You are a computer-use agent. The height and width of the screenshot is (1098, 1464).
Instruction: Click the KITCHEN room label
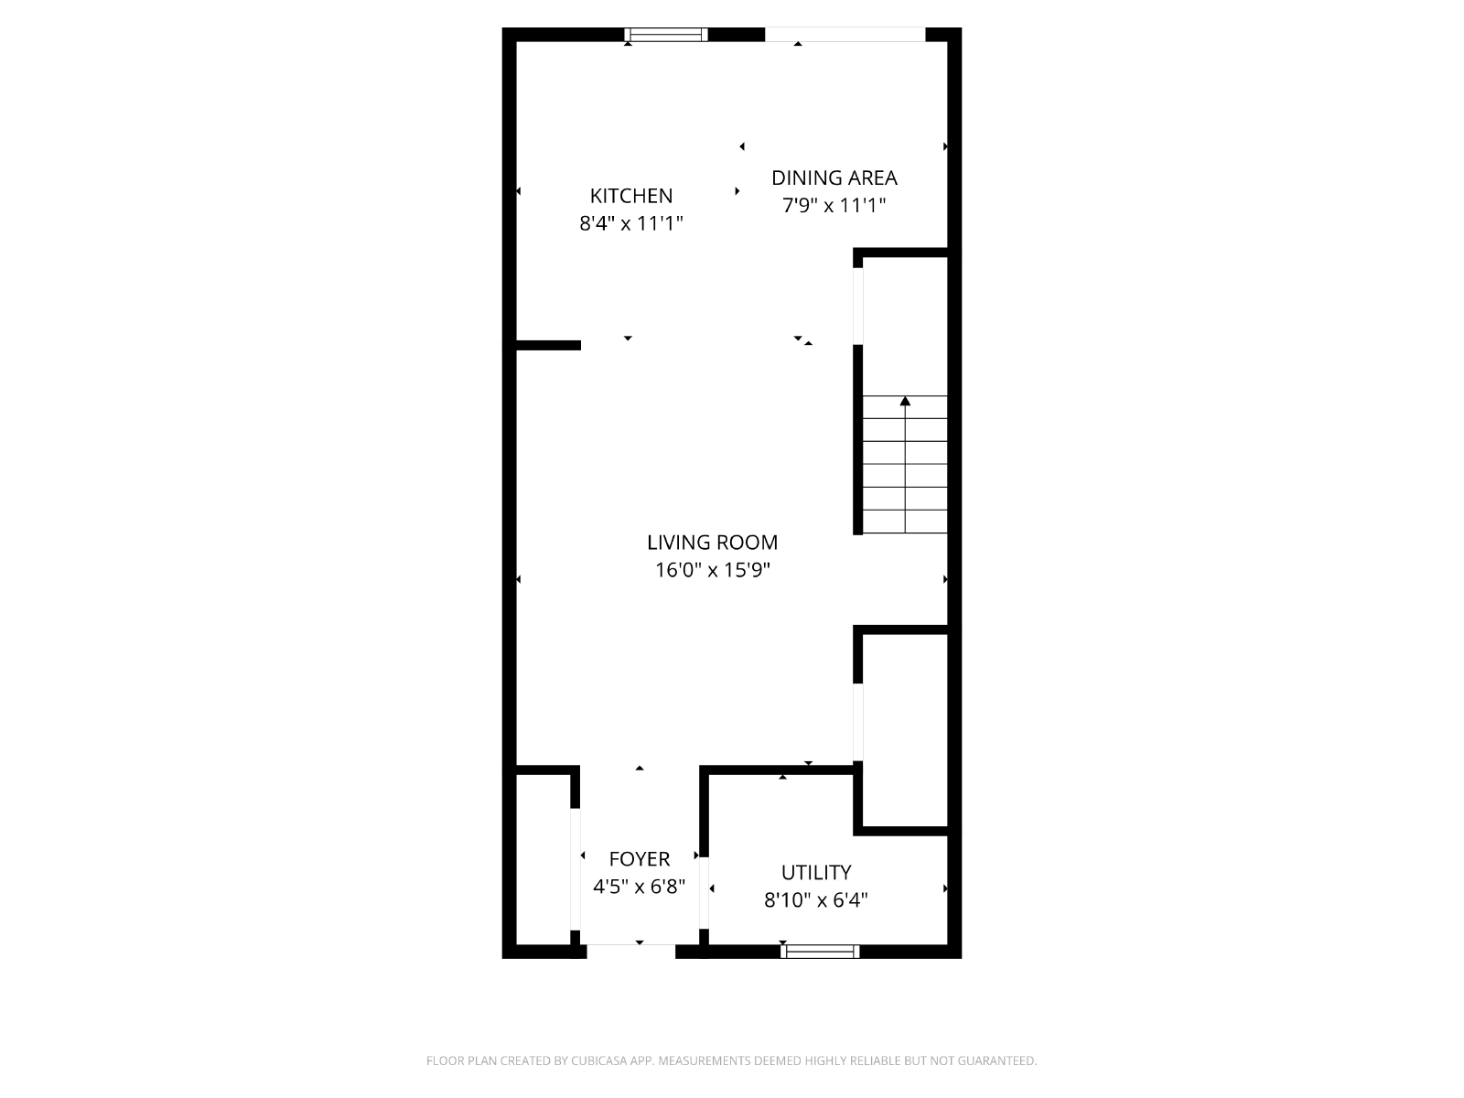pyautogui.click(x=631, y=195)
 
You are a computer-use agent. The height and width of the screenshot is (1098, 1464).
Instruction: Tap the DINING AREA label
pyautogui.click(x=834, y=178)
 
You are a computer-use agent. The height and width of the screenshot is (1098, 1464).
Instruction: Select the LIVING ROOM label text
pyautogui.click(x=712, y=542)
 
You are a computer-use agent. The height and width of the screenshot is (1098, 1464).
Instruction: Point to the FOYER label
pyautogui.click(x=639, y=858)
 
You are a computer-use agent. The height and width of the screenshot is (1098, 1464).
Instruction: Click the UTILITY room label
pyautogui.click(x=815, y=872)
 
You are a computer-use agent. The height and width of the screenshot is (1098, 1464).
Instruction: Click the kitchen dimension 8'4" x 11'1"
pyautogui.click(x=631, y=222)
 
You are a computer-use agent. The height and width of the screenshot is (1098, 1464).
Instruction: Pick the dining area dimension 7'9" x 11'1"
pyautogui.click(x=834, y=205)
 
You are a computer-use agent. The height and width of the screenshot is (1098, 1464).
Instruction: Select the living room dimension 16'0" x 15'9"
pyautogui.click(x=712, y=570)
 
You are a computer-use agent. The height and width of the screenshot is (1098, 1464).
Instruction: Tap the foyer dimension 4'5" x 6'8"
pyautogui.click(x=639, y=886)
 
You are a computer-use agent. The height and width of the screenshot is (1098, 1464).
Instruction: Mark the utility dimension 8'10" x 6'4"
pyautogui.click(x=815, y=900)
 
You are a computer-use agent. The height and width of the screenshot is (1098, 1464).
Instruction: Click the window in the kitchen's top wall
pyautogui.click(x=665, y=35)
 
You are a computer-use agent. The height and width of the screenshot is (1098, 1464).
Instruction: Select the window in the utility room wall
pyautogui.click(x=820, y=952)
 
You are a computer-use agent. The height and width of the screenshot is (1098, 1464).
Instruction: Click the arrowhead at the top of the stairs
pyautogui.click(x=905, y=401)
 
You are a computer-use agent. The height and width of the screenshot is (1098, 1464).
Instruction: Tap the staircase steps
pyautogui.click(x=905, y=464)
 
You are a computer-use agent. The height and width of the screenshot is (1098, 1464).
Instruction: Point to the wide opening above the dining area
pyautogui.click(x=845, y=34)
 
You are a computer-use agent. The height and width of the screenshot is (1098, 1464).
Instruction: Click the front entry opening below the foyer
pyautogui.click(x=631, y=952)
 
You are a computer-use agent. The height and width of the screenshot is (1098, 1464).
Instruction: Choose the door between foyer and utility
pyautogui.click(x=703, y=892)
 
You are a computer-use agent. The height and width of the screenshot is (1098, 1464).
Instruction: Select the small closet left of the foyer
pyautogui.click(x=543, y=859)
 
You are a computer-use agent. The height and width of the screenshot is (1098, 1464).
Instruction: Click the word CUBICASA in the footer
pyautogui.click(x=599, y=1060)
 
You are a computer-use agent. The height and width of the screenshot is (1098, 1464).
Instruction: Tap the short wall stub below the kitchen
pyautogui.click(x=548, y=345)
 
